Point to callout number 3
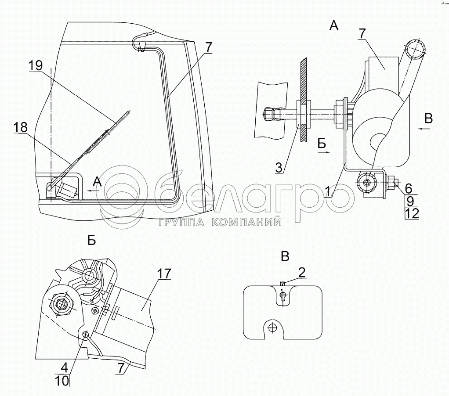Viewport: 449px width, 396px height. click(x=279, y=167)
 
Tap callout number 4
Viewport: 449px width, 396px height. click(x=65, y=367)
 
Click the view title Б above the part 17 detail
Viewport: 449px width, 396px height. click(x=91, y=240)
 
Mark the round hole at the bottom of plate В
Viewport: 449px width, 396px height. click(x=273, y=327)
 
